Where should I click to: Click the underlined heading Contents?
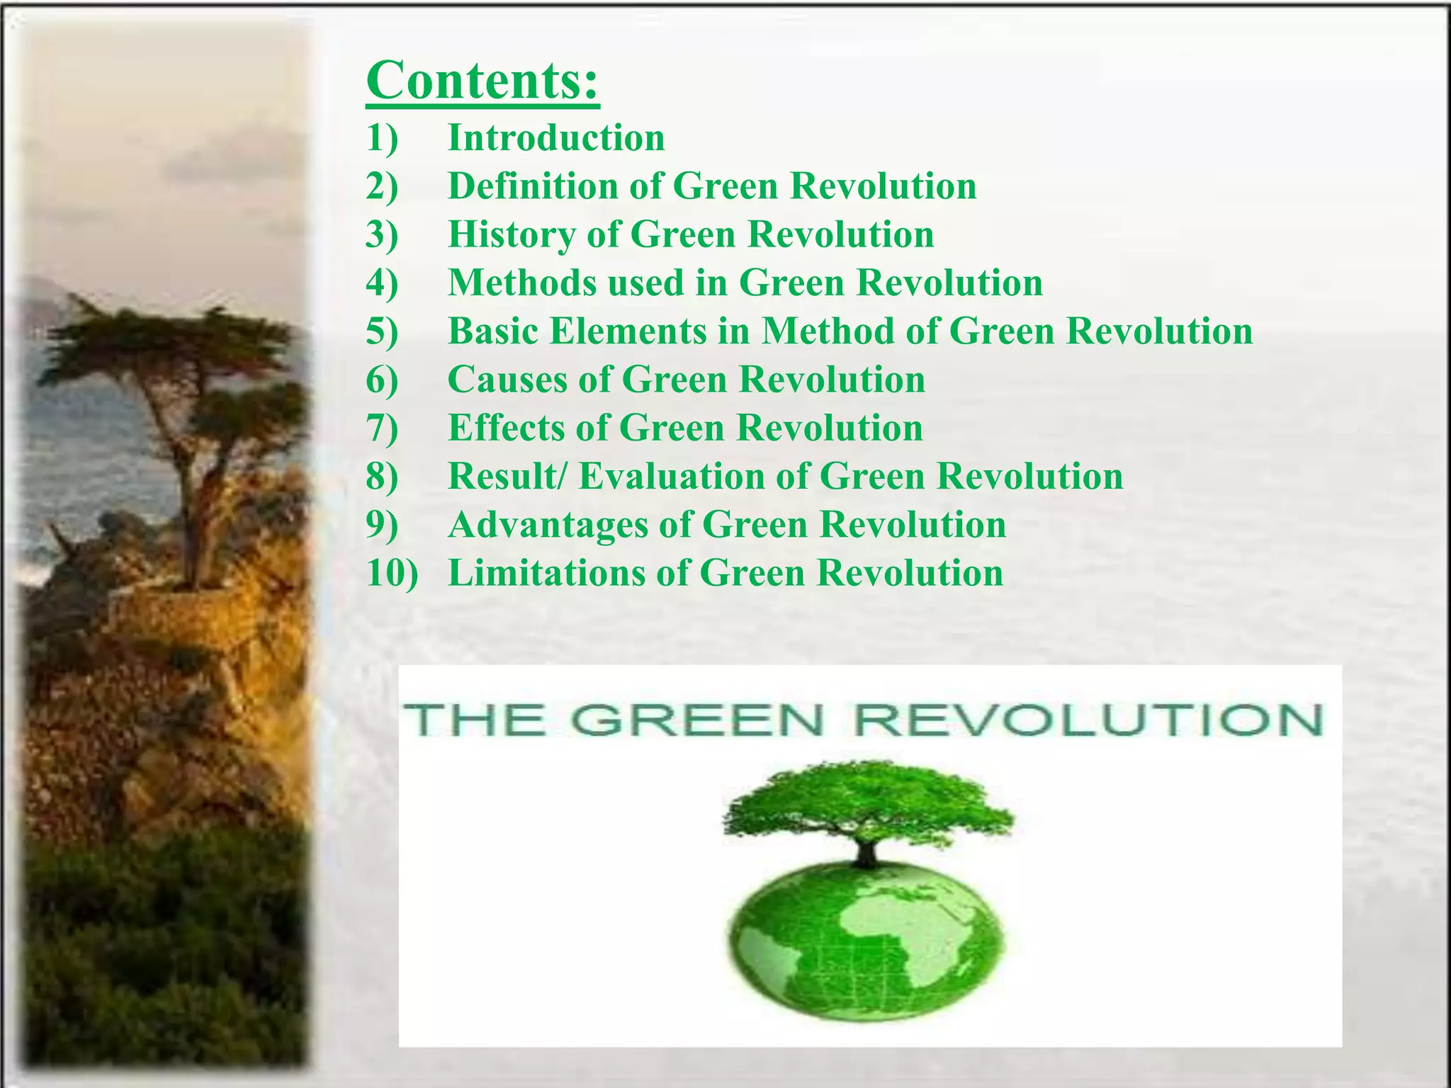tap(482, 81)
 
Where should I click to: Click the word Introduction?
tap(556, 137)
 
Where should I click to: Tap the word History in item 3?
tap(511, 234)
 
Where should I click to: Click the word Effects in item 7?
tap(507, 428)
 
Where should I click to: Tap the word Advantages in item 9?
tap(548, 525)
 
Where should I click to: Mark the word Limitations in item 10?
tap(546, 573)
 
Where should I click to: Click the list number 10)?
tap(393, 573)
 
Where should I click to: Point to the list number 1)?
tap(383, 137)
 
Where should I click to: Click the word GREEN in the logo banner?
tap(697, 720)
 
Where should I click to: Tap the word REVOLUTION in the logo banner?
tap(1088, 720)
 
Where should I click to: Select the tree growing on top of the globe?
tap(867, 811)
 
